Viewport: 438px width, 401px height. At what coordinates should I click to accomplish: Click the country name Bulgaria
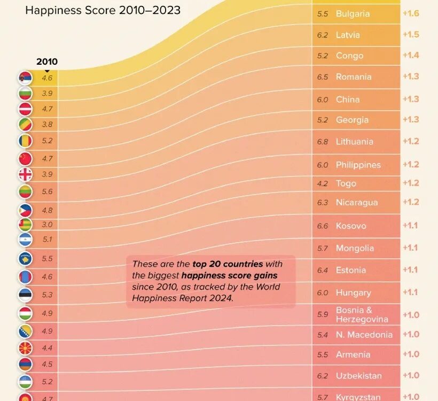coord(353,14)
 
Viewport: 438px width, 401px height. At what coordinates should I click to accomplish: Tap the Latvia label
coord(348,35)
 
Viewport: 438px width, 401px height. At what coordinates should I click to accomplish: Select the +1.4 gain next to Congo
coord(411,55)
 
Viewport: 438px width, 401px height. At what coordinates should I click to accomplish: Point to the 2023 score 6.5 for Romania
coord(323,77)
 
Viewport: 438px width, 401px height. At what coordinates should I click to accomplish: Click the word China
coord(348,99)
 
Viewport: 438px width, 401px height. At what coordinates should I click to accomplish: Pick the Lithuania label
coord(354,142)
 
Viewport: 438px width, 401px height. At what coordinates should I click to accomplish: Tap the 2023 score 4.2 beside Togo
coord(323,183)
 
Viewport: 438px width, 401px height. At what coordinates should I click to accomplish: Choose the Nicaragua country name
coord(357,203)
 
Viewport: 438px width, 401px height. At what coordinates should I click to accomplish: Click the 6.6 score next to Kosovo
coord(323,226)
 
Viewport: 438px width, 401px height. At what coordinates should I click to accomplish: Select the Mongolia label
coord(355,248)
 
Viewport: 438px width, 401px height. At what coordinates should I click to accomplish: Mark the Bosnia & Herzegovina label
coord(362,314)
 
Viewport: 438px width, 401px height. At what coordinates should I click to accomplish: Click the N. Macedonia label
coord(364,335)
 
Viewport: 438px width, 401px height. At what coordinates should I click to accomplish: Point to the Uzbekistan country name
coord(359,376)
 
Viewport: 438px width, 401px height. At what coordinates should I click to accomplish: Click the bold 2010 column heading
coord(47,61)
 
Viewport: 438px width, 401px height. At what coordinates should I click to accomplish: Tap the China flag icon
coord(25,158)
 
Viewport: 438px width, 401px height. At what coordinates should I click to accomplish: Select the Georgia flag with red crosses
coord(25,174)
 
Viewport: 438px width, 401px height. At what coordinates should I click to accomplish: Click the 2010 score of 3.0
coord(47,225)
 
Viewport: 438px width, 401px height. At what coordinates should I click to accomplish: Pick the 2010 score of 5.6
coord(47,191)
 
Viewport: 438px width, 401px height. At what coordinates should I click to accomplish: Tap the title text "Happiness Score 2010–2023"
coord(103,10)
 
